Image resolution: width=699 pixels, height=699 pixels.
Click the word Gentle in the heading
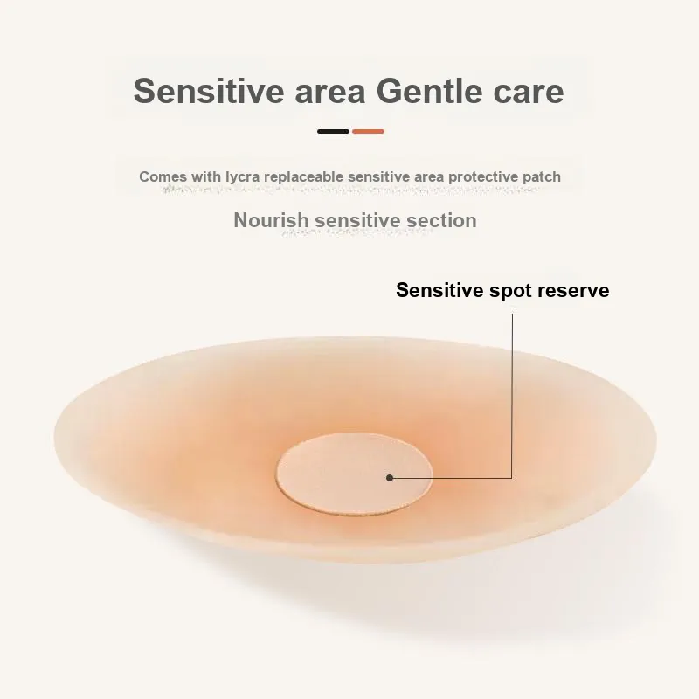(x=429, y=91)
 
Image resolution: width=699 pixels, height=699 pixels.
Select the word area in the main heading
(x=330, y=92)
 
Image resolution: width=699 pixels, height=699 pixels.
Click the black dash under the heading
(x=333, y=132)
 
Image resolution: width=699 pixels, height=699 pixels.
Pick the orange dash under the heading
(x=368, y=132)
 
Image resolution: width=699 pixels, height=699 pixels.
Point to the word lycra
(x=243, y=177)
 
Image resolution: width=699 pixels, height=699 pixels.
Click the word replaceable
(x=304, y=176)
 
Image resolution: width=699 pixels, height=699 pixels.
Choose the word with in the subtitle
(x=206, y=176)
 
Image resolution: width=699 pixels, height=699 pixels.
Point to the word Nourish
(x=271, y=220)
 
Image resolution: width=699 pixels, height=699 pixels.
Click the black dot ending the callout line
(x=390, y=478)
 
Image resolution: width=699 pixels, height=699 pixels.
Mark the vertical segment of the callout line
(x=512, y=396)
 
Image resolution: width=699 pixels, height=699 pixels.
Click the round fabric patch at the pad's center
(x=355, y=474)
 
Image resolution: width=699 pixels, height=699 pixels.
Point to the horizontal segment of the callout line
(x=451, y=478)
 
